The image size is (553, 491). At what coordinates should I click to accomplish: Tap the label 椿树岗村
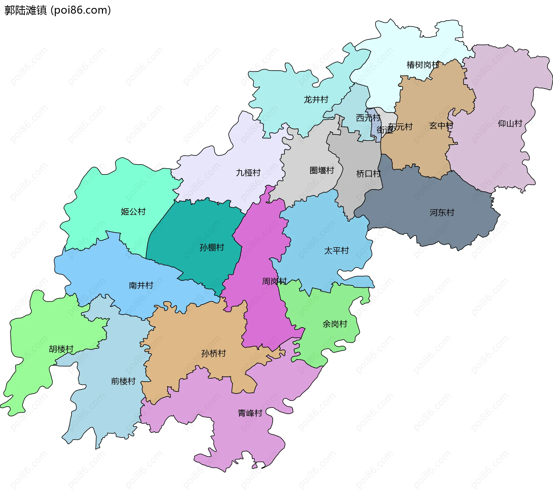(423, 65)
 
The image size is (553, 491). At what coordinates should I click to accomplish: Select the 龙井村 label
(316, 99)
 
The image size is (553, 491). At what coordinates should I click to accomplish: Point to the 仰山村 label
(510, 123)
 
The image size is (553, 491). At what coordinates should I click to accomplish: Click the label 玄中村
(441, 125)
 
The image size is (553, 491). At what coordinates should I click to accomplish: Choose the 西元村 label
(368, 118)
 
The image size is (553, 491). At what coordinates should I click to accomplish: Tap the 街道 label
(384, 130)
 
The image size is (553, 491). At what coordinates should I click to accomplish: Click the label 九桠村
(248, 173)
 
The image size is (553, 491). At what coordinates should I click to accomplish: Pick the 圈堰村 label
(322, 170)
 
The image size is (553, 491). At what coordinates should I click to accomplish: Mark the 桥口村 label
(368, 173)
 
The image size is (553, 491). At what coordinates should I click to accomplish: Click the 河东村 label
(442, 213)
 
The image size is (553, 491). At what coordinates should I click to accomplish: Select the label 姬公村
(133, 211)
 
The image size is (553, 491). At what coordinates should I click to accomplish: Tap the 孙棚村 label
(212, 247)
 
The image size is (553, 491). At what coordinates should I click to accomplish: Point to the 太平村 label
(336, 250)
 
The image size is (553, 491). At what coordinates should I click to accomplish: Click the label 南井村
(141, 285)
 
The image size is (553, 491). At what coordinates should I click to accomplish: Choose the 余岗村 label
(335, 324)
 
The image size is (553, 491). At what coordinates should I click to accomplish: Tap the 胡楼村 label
(61, 349)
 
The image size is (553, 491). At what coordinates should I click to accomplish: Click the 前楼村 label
(123, 381)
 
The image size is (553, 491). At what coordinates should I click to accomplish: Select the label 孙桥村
(213, 353)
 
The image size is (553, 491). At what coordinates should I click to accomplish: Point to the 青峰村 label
(250, 413)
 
